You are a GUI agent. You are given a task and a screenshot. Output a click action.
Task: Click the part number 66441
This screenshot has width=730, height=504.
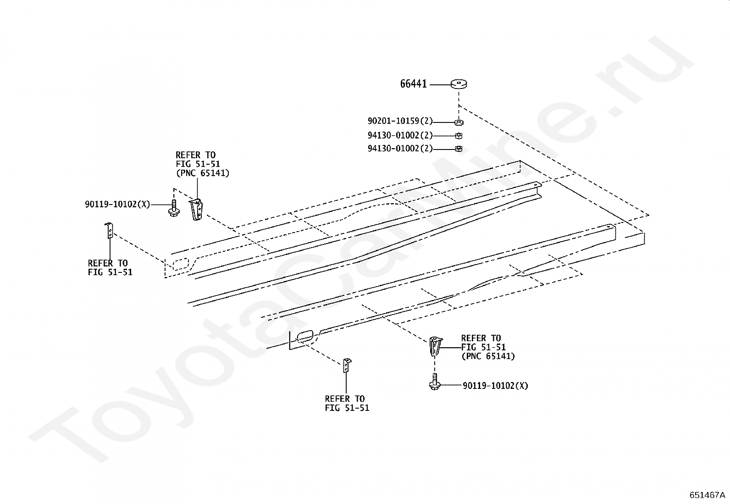tap(413, 84)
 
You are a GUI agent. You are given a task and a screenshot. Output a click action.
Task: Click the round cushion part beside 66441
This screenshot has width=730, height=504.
tap(459, 84)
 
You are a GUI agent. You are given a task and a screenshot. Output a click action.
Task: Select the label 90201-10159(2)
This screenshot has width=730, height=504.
tap(400, 122)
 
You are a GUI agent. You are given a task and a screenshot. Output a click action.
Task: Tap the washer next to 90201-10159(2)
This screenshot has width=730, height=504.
tap(459, 122)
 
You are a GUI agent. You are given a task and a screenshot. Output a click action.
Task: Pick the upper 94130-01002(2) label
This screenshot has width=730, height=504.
tap(400, 136)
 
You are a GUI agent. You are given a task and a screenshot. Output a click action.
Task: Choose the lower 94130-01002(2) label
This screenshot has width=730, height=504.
tap(400, 149)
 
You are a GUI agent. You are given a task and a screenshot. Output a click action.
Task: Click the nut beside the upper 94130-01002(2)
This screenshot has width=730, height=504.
tap(459, 136)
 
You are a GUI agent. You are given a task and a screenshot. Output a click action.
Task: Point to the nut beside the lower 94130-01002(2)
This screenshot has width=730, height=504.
tap(459, 149)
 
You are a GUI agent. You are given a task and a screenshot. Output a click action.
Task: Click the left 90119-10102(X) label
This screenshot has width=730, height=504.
tap(117, 205)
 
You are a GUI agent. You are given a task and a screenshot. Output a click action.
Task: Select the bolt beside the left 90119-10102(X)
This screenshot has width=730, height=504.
tap(173, 209)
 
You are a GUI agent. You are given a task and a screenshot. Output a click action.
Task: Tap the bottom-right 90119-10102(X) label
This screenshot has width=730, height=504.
tap(495, 386)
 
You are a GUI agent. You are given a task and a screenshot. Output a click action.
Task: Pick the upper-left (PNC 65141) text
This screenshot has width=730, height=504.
tap(202, 173)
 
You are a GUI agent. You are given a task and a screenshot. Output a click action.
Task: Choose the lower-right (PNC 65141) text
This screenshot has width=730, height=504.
tap(488, 356)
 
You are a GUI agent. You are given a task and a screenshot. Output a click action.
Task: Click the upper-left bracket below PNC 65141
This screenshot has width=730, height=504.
tap(196, 210)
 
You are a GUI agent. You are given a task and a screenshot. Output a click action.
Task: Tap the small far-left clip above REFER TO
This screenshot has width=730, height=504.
tap(110, 230)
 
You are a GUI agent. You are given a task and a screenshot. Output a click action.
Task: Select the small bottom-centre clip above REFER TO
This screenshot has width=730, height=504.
tap(346, 366)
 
